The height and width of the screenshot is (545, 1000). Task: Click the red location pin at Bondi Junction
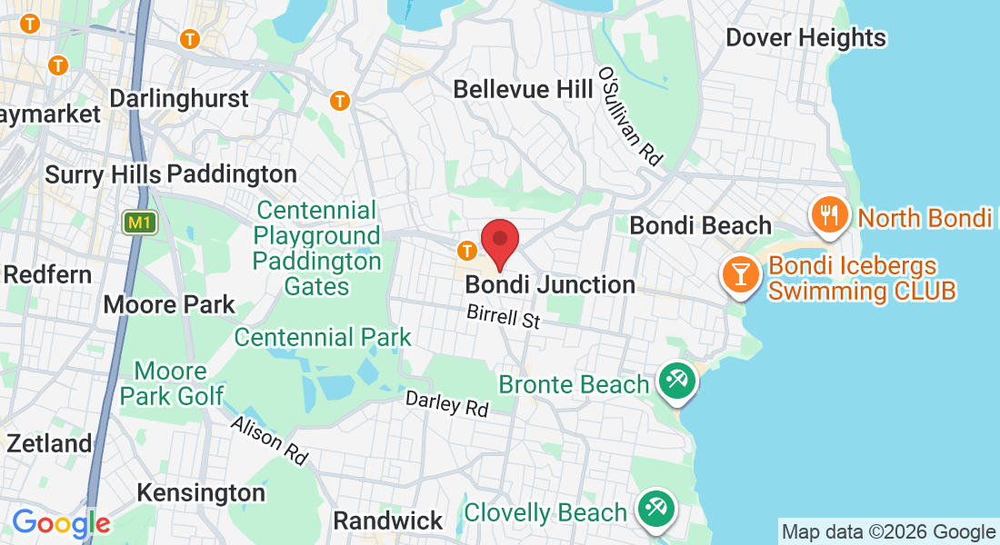click(x=499, y=242)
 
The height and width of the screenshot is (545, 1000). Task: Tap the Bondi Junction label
click(x=550, y=284)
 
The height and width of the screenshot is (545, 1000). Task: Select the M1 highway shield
click(x=140, y=223)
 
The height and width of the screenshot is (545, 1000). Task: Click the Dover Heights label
click(x=805, y=38)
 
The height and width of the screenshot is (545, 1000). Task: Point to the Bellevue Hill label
click(x=514, y=89)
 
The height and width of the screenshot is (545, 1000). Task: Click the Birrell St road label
click(x=504, y=317)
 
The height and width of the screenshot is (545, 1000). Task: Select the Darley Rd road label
click(x=446, y=403)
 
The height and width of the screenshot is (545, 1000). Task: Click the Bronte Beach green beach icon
click(x=675, y=381)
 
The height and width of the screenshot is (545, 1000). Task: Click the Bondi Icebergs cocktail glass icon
click(x=741, y=272)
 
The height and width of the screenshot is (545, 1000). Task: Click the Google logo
click(x=61, y=523)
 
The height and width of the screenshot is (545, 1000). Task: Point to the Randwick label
click(x=388, y=521)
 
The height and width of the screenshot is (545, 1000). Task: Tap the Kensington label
click(x=201, y=492)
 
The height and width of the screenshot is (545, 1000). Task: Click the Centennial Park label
click(x=323, y=338)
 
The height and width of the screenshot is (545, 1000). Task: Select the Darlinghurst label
click(x=179, y=98)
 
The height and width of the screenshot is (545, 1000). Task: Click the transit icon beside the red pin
click(x=467, y=249)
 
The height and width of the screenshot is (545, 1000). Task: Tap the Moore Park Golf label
click(x=172, y=383)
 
